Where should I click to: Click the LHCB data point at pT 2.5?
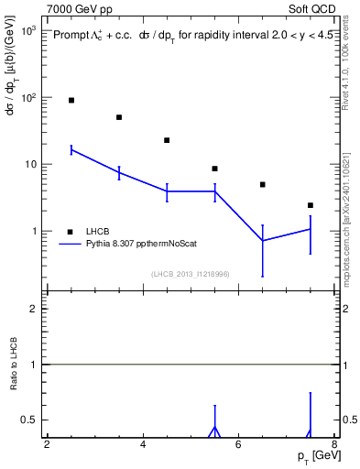[71, 100]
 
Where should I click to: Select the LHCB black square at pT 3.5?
[119, 117]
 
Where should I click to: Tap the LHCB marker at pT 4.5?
[167, 140]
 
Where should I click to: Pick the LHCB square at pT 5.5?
[214, 169]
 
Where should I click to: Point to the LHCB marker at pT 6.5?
[262, 184]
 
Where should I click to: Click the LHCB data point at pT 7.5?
[311, 205]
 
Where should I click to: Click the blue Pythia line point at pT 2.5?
[71, 149]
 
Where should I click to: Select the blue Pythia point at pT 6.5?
[262, 241]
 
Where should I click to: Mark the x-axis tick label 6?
[238, 445]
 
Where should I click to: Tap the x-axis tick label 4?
[143, 445]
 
